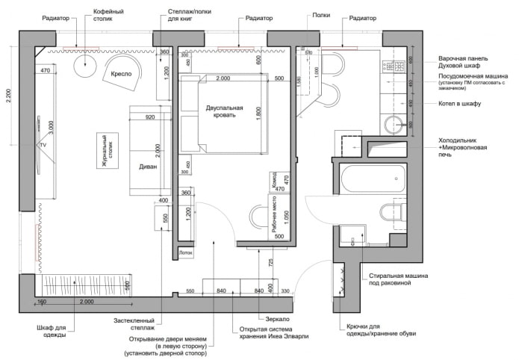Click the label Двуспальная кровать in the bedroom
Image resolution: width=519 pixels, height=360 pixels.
[x=225, y=112]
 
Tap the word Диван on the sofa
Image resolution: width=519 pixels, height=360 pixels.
[x=148, y=167]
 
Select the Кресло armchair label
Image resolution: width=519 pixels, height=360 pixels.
[x=121, y=75]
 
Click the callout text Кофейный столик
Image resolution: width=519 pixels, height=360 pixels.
[x=108, y=17]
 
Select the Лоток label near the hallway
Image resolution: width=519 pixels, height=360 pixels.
[x=186, y=253]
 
